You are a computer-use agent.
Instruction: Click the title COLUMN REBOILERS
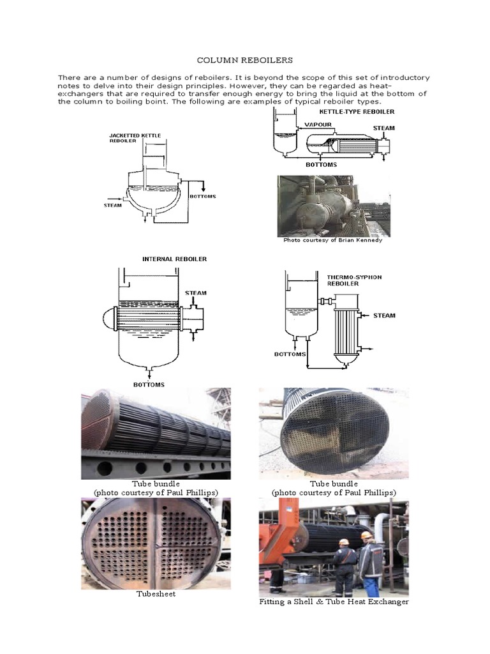245,60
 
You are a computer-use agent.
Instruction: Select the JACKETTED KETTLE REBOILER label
135,139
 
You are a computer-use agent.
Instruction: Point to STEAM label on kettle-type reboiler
383,128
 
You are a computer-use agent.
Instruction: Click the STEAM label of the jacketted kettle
113,205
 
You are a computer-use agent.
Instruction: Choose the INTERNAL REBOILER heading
174,259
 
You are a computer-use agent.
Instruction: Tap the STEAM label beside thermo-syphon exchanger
384,315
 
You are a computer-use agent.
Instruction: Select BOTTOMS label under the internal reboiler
149,384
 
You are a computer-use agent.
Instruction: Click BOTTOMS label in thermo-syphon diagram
290,353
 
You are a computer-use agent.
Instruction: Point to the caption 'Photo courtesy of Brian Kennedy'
332,240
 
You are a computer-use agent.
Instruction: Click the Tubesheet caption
156,594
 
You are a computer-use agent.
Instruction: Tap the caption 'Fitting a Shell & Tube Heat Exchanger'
334,602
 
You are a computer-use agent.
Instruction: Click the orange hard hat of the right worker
366,535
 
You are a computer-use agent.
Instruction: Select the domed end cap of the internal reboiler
106,317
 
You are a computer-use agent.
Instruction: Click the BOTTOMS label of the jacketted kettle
202,196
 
